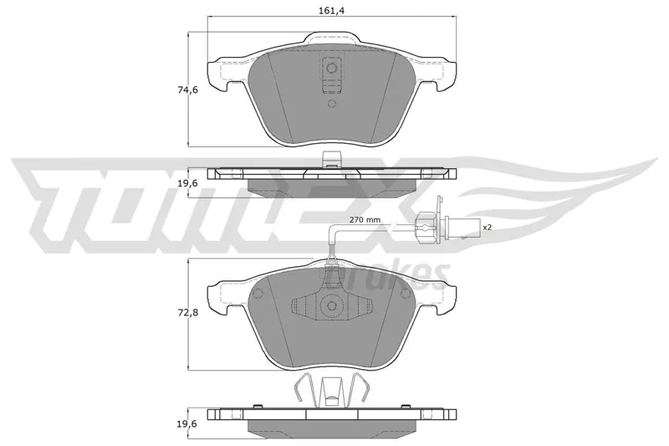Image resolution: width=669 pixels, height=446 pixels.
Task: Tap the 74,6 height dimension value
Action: [186, 90]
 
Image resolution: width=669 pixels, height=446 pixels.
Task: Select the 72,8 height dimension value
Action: [186, 312]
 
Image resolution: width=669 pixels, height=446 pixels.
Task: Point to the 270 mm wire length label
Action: [365, 220]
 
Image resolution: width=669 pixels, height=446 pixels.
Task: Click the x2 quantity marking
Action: [487, 228]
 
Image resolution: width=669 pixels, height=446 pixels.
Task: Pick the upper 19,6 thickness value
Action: [186, 183]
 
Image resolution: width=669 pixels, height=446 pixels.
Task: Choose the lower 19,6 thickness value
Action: [186, 423]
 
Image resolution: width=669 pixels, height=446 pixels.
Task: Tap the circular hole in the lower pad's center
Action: [331, 305]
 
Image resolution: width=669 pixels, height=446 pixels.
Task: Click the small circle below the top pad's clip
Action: [332, 104]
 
